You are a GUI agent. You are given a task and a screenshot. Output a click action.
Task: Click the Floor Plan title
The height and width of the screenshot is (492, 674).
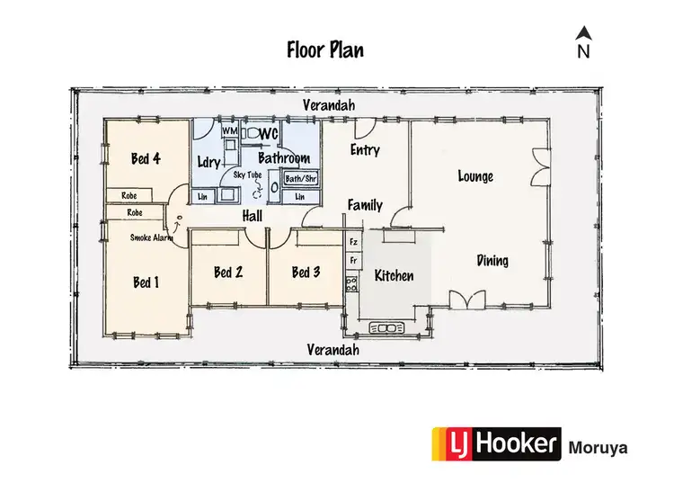click(325, 49)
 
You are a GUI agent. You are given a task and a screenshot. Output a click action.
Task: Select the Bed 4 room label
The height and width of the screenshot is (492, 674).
click(146, 159)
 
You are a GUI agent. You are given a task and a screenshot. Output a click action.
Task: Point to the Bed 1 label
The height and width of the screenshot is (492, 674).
click(146, 282)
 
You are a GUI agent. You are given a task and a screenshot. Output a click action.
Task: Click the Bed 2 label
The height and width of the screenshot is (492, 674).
click(228, 273)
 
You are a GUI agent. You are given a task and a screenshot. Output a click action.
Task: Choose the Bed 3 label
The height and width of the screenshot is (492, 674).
click(306, 273)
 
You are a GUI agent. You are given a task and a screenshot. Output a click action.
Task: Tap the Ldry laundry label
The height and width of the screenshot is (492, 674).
click(208, 161)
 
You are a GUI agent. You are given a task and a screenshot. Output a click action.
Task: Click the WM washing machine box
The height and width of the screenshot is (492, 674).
click(229, 131)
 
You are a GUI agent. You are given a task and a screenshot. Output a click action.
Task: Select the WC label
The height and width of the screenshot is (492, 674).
click(269, 134)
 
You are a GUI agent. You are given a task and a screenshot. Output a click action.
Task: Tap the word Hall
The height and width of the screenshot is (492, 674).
click(253, 216)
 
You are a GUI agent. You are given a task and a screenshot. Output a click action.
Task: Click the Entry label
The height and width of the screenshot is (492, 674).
click(365, 150)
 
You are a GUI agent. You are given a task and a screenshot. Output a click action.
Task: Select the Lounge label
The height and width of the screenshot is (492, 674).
click(475, 176)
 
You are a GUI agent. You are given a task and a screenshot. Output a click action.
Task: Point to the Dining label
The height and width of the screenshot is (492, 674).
click(492, 261)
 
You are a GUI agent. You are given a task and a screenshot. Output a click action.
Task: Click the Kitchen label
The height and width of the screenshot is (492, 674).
click(394, 275)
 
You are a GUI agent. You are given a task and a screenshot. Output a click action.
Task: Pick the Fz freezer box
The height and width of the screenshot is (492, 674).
click(353, 242)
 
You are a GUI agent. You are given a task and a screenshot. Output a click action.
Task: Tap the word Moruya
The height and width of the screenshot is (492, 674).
click(598, 446)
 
